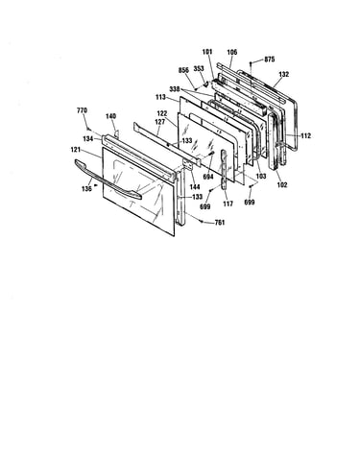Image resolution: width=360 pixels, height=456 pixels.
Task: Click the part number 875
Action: click(x=270, y=60)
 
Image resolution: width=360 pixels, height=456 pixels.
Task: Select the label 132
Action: click(x=284, y=74)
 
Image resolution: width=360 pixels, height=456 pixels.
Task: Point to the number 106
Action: click(x=232, y=52)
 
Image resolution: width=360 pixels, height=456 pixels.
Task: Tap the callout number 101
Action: click(x=207, y=52)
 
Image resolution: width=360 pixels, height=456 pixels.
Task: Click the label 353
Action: click(x=199, y=69)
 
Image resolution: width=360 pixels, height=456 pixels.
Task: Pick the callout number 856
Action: click(x=183, y=70)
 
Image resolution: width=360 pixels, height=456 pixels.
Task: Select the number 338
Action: click(x=175, y=89)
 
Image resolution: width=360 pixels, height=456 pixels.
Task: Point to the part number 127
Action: click(x=160, y=122)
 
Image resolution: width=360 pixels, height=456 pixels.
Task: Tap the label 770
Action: click(x=82, y=110)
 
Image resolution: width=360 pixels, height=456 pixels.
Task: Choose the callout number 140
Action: click(x=110, y=116)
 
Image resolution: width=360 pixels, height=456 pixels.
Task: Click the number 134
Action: click(x=88, y=139)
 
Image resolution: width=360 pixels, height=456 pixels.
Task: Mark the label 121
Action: click(x=76, y=150)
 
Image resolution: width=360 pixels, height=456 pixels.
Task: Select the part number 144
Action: click(x=195, y=187)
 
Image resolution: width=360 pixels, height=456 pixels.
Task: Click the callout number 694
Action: click(x=208, y=177)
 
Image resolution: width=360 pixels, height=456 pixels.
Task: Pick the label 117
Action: click(x=228, y=204)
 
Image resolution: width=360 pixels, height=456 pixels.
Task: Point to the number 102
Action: click(x=282, y=185)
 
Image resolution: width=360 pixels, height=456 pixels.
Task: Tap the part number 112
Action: click(x=306, y=136)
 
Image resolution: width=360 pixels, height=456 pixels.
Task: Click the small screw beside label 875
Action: click(x=252, y=63)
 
